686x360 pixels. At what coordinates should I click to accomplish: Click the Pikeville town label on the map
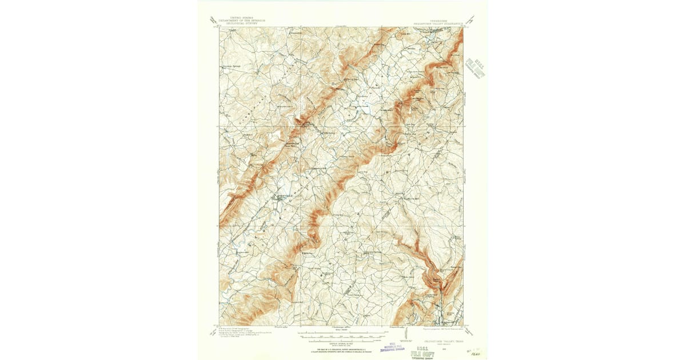tap(284, 196)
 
